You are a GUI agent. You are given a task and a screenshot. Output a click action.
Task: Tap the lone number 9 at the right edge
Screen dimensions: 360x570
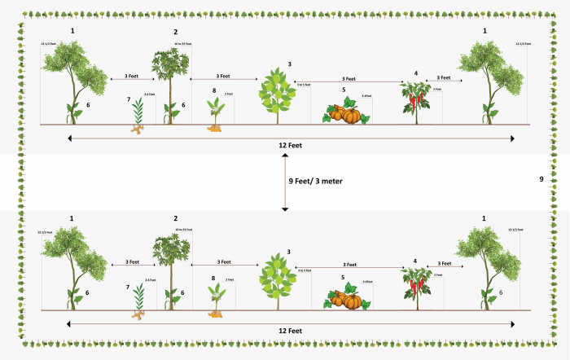541,178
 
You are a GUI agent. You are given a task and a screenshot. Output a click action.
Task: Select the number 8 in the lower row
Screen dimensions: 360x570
213,279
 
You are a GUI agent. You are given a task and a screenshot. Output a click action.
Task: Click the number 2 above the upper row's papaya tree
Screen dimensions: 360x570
175,31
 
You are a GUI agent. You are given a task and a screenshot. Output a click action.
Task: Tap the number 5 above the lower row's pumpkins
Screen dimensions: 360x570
344,277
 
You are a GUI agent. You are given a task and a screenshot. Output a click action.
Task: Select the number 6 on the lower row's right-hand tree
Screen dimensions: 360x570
501,291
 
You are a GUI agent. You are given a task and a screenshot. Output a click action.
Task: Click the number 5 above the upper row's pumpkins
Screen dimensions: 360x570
344,89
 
